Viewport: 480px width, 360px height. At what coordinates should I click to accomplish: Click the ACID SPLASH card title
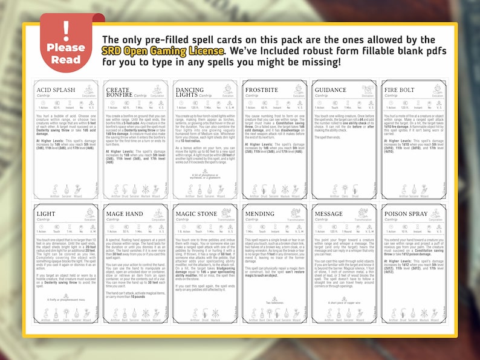tap(56, 90)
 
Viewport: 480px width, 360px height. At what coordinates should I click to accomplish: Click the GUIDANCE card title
tap(331, 90)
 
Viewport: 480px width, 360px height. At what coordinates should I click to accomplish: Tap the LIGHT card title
tap(46, 214)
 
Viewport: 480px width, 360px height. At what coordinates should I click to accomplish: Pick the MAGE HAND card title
tap(125, 214)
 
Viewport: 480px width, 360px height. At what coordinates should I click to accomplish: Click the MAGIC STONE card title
tap(196, 214)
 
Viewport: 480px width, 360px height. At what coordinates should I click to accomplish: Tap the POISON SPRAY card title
tap(406, 214)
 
